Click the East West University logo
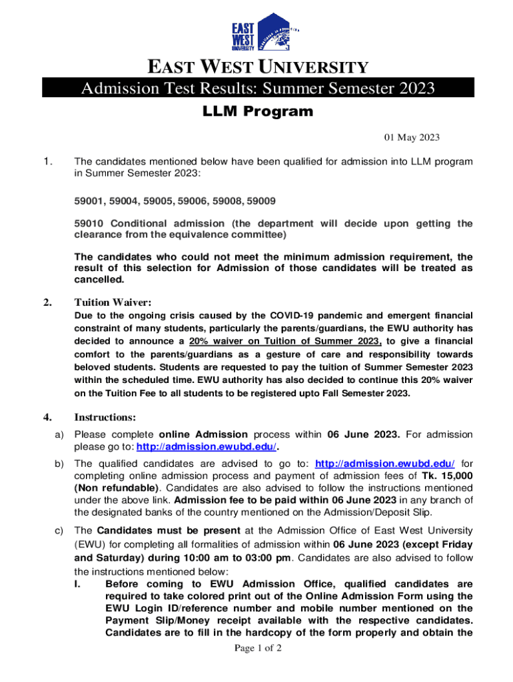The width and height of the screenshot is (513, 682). [264, 33]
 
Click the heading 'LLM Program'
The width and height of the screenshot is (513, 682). [257, 112]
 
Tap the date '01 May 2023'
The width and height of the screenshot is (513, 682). [412, 138]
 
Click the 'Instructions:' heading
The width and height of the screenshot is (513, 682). [105, 418]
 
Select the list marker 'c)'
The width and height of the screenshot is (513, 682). [58, 531]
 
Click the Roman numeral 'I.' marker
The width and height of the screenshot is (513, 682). [78, 584]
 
